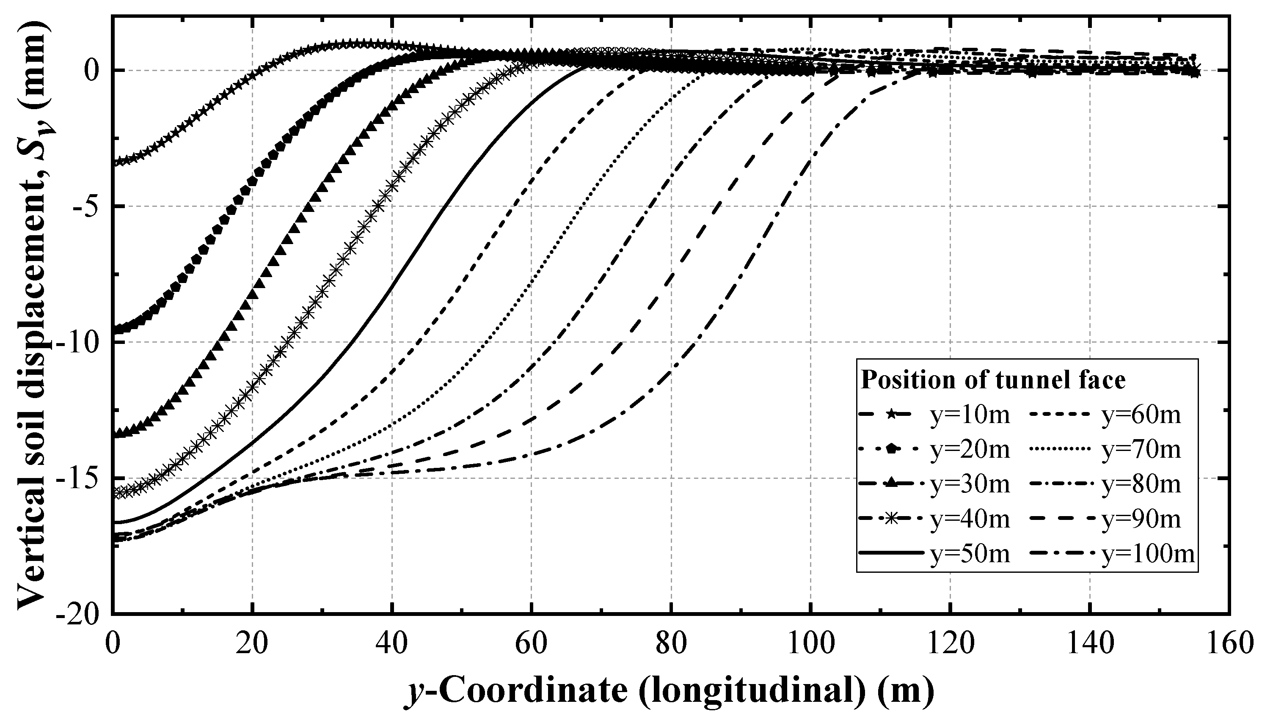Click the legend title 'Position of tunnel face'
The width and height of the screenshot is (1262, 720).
993,380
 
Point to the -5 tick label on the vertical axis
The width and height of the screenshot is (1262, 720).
88,207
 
